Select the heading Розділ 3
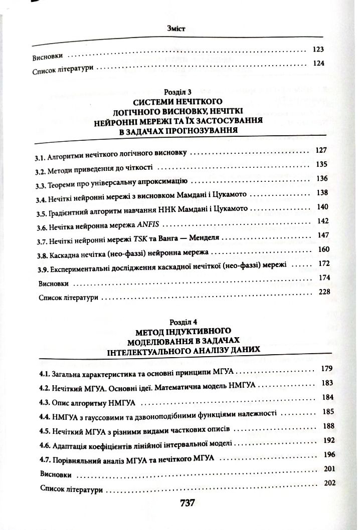[x=178, y=92]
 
